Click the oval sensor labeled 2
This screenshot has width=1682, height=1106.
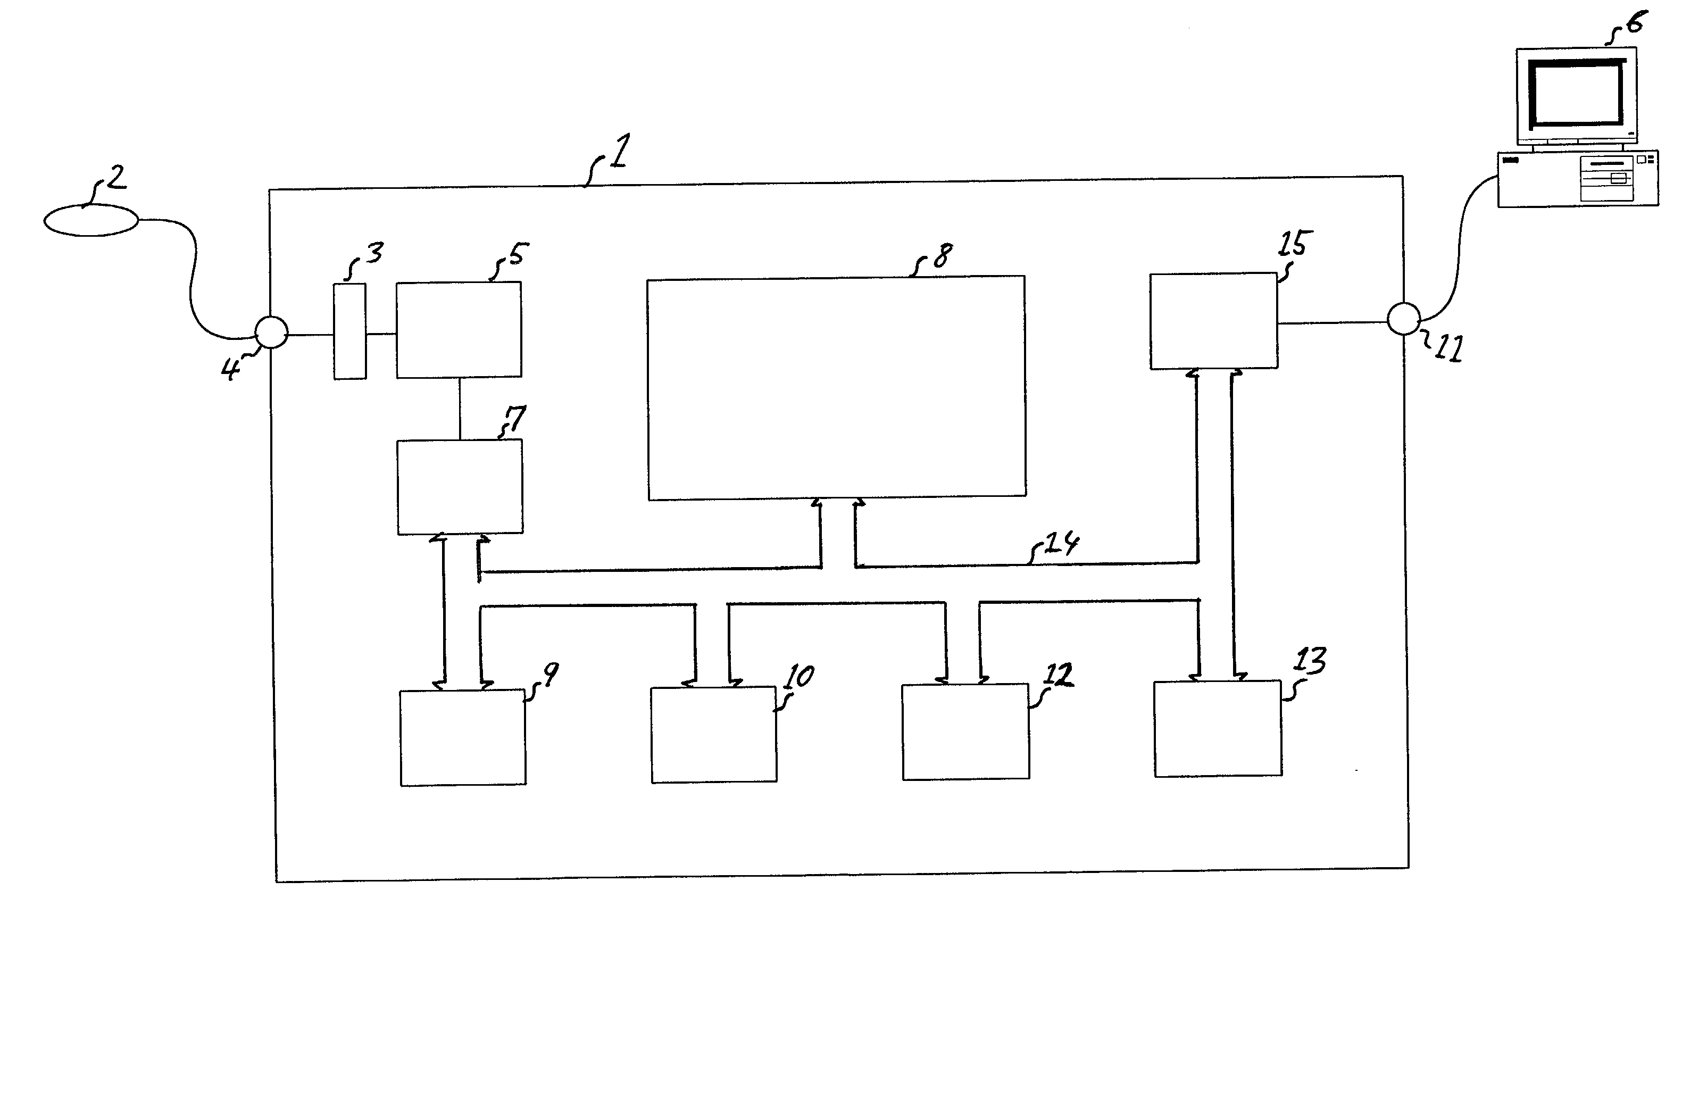pos(91,220)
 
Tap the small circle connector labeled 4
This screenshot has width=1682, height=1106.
pos(271,331)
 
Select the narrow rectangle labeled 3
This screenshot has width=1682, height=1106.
pos(350,331)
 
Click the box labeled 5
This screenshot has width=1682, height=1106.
pos(459,330)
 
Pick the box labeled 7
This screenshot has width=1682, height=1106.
pos(460,487)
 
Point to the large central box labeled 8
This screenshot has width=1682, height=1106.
pos(836,388)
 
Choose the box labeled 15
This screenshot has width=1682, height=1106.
pos(1213,321)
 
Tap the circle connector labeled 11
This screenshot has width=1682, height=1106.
pos(1403,319)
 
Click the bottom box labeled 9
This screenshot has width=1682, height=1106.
pos(462,738)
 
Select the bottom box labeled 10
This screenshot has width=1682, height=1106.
pos(714,735)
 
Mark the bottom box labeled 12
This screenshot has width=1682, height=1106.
pos(965,732)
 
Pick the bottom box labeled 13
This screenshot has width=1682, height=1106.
pos(1218,729)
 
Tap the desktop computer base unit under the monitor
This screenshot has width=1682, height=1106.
pos(1577,179)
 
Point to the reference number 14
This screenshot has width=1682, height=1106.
pos(1061,544)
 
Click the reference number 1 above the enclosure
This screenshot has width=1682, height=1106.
pos(618,151)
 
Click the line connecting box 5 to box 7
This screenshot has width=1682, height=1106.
pos(460,409)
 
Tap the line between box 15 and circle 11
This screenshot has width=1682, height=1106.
pos(1332,323)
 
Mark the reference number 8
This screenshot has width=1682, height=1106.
pos(942,256)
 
